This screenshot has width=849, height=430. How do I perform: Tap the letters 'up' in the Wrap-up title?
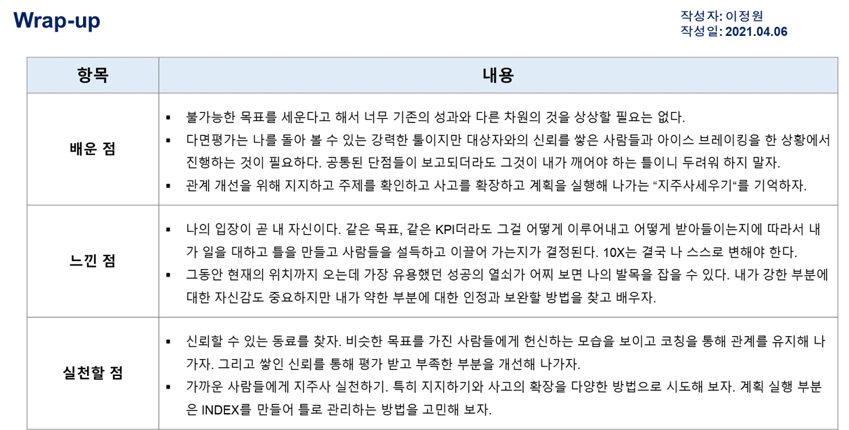point(88,22)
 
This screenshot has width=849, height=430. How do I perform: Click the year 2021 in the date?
point(737,31)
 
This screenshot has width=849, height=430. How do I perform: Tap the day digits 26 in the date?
point(780,31)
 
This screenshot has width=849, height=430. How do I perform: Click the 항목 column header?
point(93,75)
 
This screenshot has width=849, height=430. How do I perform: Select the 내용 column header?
point(498,75)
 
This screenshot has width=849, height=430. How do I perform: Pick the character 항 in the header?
point(84,75)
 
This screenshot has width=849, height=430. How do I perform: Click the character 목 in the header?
point(101,75)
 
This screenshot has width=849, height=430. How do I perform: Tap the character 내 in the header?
point(490,75)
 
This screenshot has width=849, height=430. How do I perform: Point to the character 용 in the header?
point(506,75)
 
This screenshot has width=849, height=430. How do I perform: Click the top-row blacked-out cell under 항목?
point(94,148)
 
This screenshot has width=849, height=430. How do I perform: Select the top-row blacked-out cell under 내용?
point(498,148)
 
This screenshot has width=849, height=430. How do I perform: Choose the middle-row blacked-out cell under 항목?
point(94,262)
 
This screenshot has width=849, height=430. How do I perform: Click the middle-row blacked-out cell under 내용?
point(498,262)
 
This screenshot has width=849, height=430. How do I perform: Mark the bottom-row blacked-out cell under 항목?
point(94,373)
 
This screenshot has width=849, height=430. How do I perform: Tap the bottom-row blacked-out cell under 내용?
point(498,373)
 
